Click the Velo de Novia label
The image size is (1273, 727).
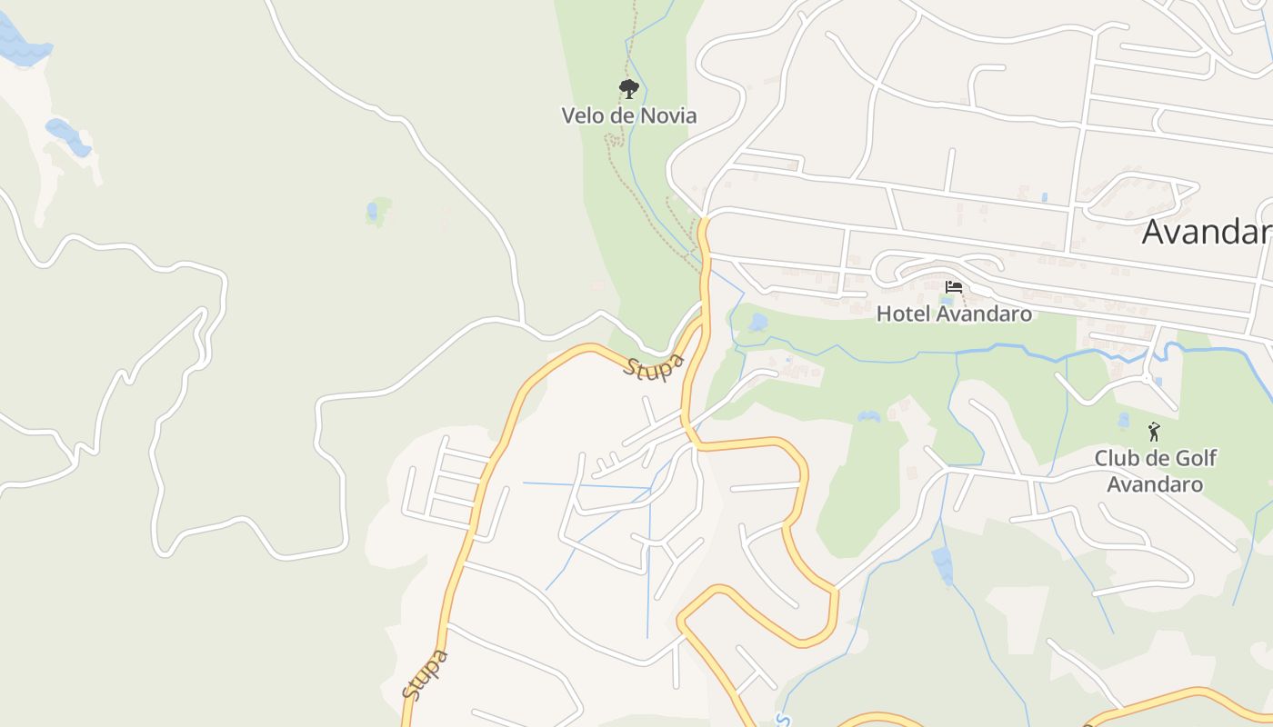pos(629,116)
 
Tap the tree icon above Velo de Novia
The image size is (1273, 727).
pos(628,88)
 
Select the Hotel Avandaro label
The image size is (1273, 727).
pos(954,314)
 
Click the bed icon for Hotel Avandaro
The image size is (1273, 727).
pos(954,286)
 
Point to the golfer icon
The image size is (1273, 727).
pos(1154,432)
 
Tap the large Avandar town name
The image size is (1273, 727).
pos(1207,232)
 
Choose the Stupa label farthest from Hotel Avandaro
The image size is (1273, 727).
pos(426,674)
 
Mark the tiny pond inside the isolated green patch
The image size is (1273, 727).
pos(372,212)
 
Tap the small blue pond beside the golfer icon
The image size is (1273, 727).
pos(1124,420)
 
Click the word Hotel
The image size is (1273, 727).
pos(903,314)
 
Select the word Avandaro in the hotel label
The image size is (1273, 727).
pos(983,314)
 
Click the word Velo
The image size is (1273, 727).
pos(582,116)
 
